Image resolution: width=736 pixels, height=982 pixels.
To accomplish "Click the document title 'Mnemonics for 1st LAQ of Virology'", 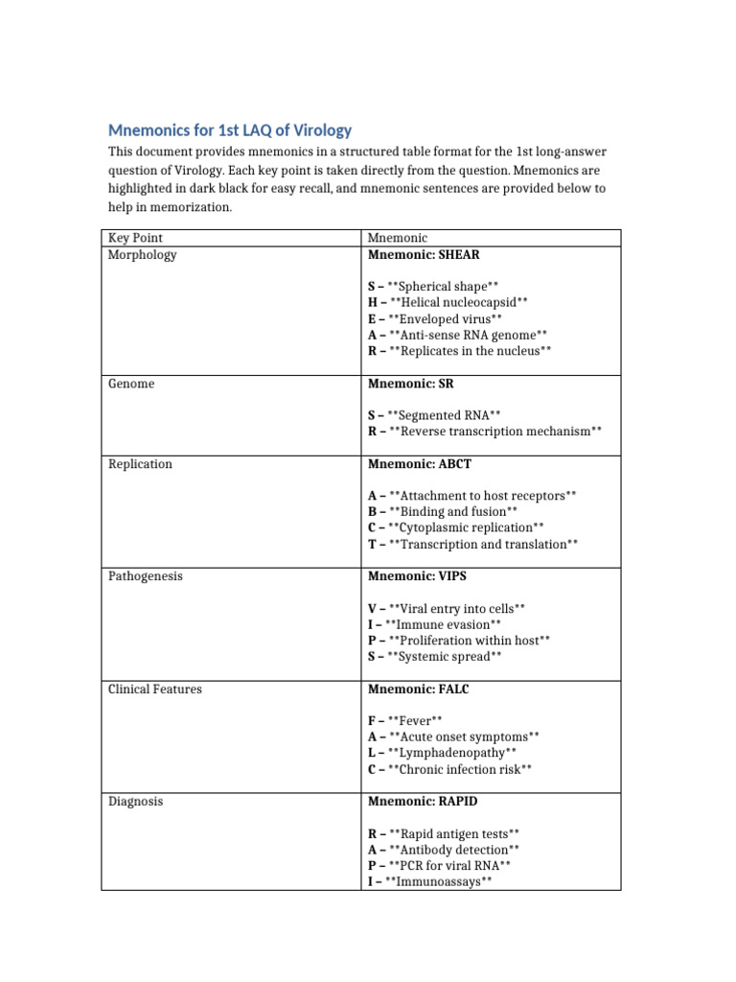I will pyautogui.click(x=230, y=130).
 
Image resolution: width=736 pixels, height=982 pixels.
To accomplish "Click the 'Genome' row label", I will pyautogui.click(x=131, y=384).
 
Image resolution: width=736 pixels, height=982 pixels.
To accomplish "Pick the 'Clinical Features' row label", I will pyautogui.click(x=155, y=689).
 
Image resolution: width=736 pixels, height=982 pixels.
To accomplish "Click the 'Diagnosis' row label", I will pyautogui.click(x=135, y=801).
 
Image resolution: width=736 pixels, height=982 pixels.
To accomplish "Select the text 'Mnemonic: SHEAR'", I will pyautogui.click(x=424, y=255).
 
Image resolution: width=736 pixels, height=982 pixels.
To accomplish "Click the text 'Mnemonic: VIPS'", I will pyautogui.click(x=418, y=576).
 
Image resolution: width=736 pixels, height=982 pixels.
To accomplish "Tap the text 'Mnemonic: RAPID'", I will pyautogui.click(x=423, y=801).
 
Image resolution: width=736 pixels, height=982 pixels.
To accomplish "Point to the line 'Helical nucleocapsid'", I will pyautogui.click(x=448, y=302).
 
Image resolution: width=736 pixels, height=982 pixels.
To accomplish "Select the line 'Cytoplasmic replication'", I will pyautogui.click(x=456, y=527).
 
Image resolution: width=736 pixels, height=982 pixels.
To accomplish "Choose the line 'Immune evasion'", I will pyautogui.click(x=434, y=624).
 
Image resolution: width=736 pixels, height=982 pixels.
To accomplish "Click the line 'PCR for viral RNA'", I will pyautogui.click(x=445, y=865).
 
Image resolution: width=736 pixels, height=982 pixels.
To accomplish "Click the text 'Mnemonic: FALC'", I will pyautogui.click(x=419, y=689).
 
